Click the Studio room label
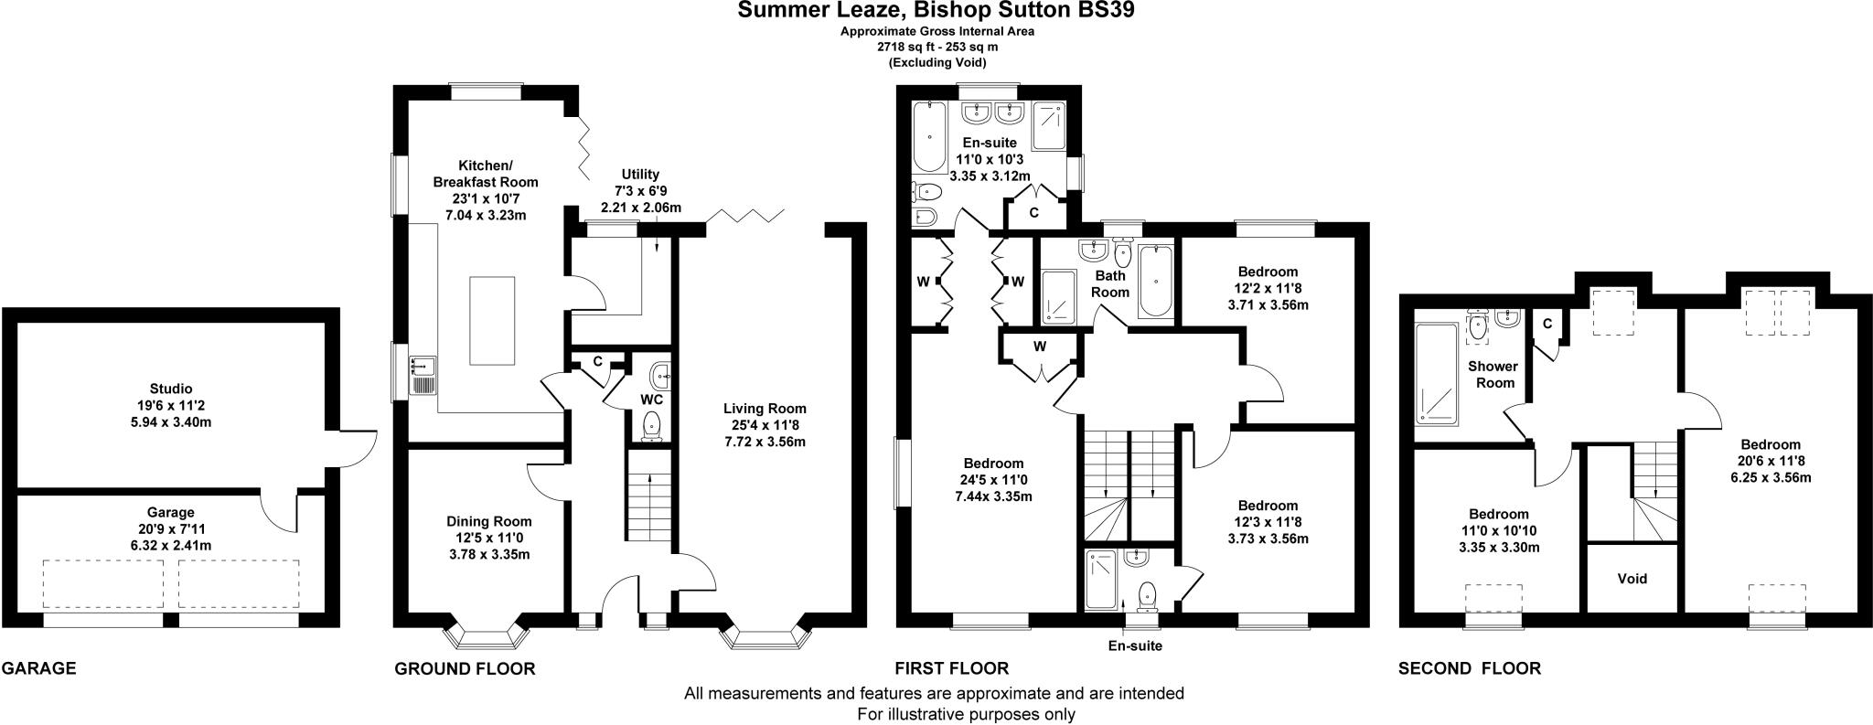[x=171, y=389]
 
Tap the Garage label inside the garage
[x=171, y=512]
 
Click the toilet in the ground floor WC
[x=652, y=426]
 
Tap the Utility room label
[x=640, y=174]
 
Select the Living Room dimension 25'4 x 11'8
[x=765, y=425]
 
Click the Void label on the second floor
[x=1632, y=578]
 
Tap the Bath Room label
[x=1111, y=283]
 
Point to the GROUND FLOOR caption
[x=465, y=668]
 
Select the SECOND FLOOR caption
[x=1469, y=668]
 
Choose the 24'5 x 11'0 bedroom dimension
[x=993, y=480]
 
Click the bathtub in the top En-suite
[x=930, y=137]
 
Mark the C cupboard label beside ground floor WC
[x=596, y=361]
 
